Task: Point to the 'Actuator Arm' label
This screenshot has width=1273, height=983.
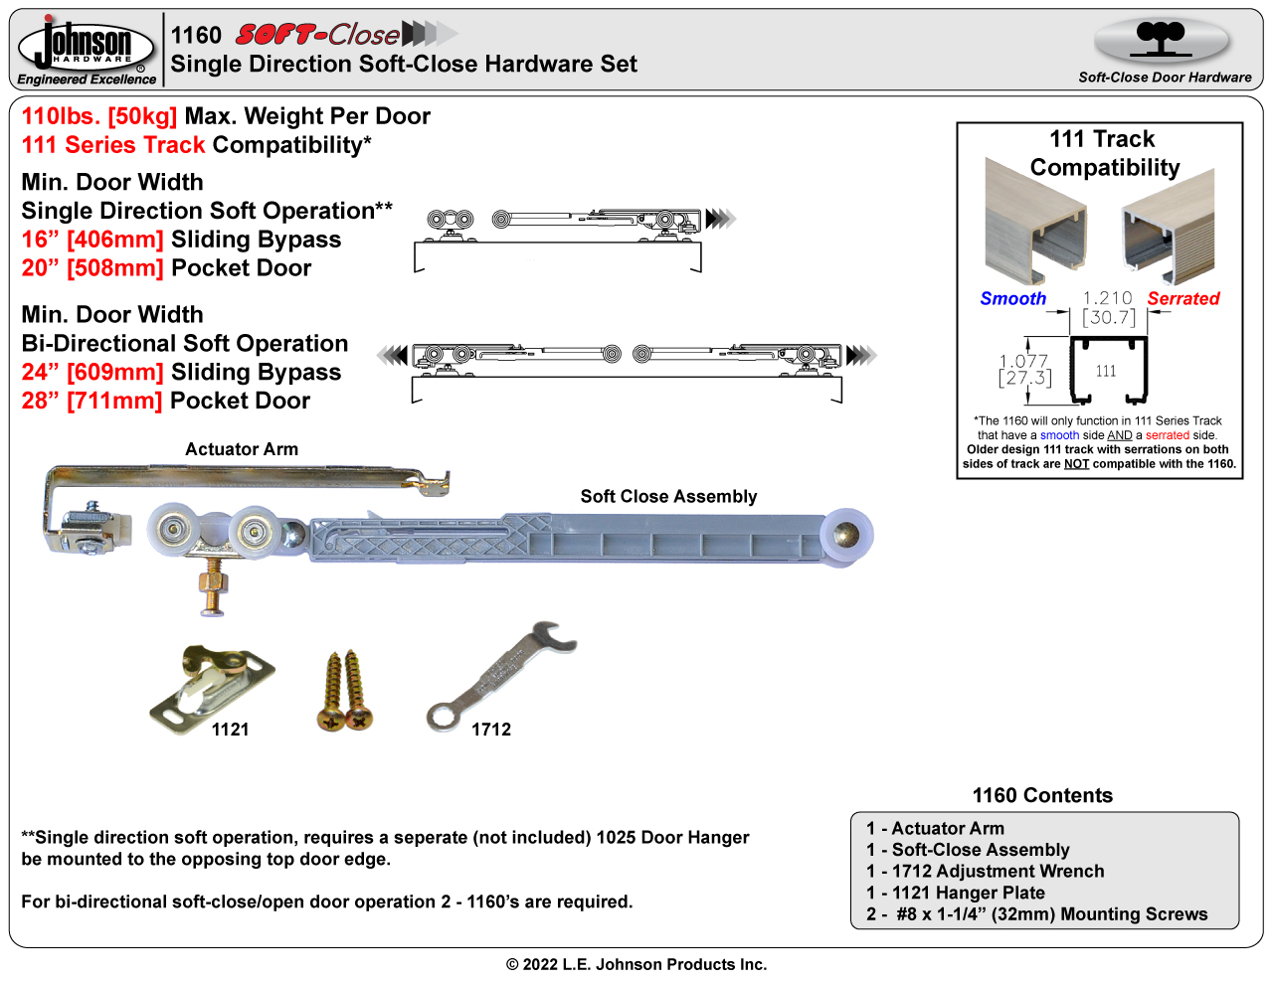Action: (242, 449)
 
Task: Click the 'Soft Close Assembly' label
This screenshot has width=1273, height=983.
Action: (668, 496)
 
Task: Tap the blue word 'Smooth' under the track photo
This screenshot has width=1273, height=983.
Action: (1012, 298)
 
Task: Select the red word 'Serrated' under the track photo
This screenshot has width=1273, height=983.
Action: (1182, 298)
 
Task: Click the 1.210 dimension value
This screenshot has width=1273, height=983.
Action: (1107, 298)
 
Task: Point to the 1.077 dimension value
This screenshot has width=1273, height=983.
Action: (1023, 362)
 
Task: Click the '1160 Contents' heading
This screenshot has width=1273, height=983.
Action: (1042, 795)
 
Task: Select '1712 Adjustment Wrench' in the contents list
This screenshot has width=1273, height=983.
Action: (998, 871)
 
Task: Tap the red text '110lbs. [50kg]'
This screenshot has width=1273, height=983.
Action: (99, 116)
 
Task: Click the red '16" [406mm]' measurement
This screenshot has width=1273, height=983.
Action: (92, 240)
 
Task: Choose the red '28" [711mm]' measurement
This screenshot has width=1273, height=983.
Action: (91, 401)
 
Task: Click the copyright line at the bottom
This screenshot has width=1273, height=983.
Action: (636, 964)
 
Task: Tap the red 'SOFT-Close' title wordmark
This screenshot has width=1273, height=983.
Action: (318, 36)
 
